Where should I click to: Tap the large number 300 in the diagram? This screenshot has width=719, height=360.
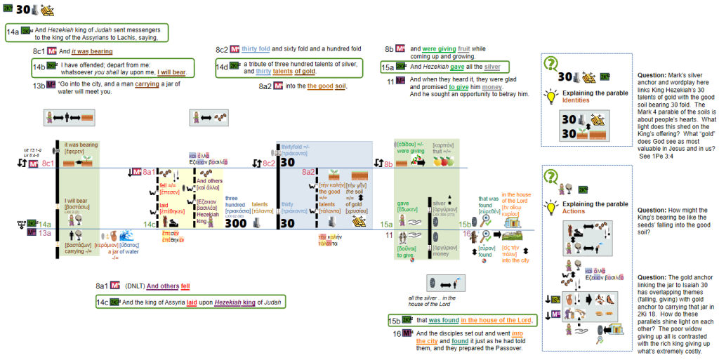[236, 223]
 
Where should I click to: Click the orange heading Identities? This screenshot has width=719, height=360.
[576, 100]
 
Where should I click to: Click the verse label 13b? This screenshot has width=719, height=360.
[39, 86]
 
